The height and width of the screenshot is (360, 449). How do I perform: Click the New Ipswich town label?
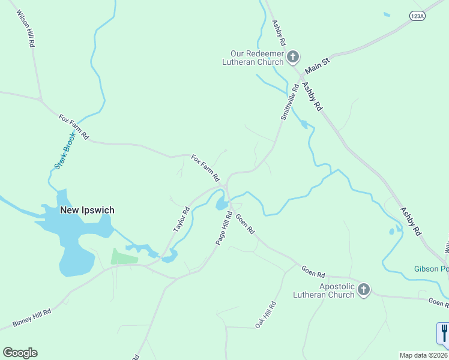click(87, 211)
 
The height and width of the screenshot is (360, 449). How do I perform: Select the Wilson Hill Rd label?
click(25, 29)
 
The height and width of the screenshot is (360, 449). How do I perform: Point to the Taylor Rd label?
click(181, 220)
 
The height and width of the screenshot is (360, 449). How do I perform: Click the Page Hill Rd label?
click(224, 227)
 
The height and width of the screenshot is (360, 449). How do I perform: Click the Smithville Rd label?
click(290, 101)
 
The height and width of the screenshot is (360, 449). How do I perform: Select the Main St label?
click(318, 60)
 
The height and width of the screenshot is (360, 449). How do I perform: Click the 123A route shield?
click(417, 17)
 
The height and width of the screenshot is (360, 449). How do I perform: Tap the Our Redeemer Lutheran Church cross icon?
click(293, 57)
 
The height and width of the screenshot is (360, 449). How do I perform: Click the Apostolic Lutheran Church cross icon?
click(363, 290)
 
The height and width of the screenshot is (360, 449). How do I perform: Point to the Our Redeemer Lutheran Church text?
click(253, 57)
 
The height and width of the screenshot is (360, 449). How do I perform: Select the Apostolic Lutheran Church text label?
click(324, 290)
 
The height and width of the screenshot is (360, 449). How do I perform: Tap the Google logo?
click(20, 353)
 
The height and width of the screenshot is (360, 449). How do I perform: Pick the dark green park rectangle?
click(124, 256)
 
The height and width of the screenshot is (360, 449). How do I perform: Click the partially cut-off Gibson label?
click(431, 268)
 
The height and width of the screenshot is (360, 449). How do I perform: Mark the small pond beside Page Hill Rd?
click(221, 204)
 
